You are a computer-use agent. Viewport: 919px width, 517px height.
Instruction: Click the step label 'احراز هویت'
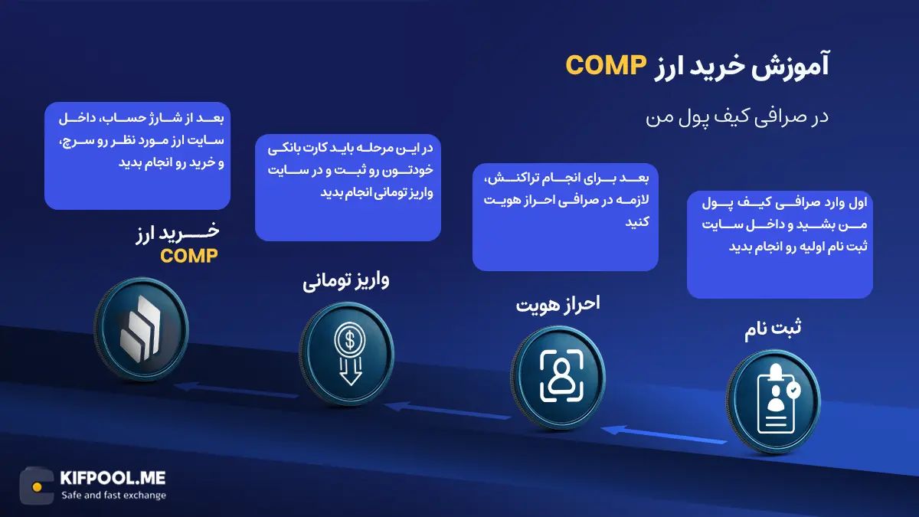(x=558, y=303)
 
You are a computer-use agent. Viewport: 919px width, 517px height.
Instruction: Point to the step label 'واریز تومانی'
(x=345, y=280)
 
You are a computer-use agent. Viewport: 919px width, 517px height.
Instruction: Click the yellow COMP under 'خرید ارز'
(x=188, y=255)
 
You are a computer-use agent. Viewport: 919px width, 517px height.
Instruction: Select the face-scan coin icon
(x=557, y=373)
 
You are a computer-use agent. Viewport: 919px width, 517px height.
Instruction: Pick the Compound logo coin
(x=141, y=327)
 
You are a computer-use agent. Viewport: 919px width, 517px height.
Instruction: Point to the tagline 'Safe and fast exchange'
(x=113, y=496)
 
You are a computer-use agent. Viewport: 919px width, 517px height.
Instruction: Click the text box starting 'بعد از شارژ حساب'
(x=137, y=155)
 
